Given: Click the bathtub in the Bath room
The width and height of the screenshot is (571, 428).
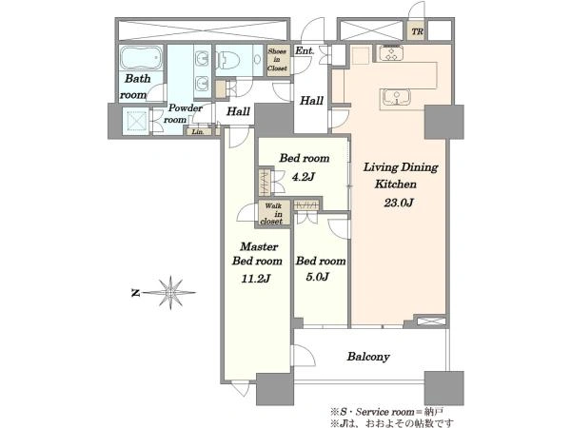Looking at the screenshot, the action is [141, 58].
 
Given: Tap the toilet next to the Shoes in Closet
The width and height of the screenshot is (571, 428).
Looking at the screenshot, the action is [228, 60].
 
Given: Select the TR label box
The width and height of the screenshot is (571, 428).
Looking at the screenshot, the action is [418, 31].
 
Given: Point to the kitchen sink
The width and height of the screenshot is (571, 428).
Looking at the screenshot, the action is [396, 98].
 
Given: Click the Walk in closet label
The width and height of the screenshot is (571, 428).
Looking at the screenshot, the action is [272, 214].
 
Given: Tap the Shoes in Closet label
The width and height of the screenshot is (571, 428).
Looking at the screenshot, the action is [278, 60].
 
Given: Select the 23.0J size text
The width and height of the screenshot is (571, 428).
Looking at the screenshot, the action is [399, 203].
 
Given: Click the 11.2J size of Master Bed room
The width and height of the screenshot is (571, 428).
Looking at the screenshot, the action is [256, 279].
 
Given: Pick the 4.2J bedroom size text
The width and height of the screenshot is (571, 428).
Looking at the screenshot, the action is [303, 177].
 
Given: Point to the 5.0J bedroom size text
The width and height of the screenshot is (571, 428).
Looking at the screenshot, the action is [318, 277].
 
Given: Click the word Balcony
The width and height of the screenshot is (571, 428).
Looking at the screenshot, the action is [368, 357].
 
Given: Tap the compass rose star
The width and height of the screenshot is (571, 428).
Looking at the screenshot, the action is [170, 293].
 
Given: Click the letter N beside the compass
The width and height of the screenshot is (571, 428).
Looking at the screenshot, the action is [135, 293].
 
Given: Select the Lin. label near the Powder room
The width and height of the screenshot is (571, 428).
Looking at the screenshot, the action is [198, 132].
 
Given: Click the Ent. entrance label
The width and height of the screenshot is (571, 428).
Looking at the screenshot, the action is [305, 50].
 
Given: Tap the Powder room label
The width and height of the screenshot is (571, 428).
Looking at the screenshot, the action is [181, 113].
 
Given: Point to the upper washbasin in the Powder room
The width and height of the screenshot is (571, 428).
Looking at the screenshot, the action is [202, 58].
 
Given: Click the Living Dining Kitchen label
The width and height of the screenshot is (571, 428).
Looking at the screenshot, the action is [401, 175].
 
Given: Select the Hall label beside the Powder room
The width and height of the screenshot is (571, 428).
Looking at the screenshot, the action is [238, 111].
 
